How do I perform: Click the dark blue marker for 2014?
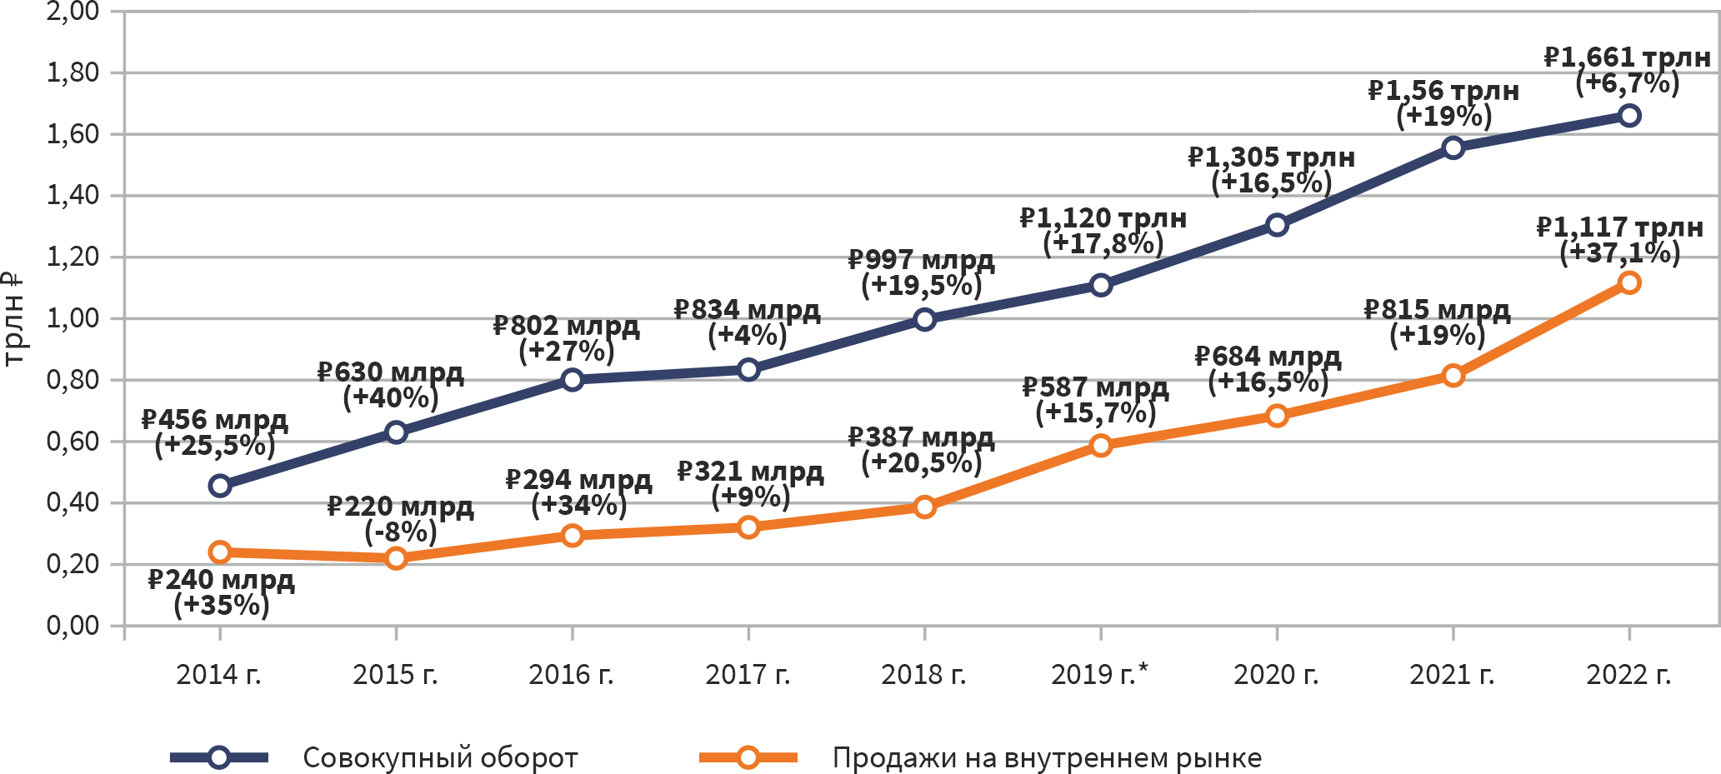point(220,486)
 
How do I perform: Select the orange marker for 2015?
point(397,558)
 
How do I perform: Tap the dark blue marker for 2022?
point(1629,116)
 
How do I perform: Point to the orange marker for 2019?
point(1101,446)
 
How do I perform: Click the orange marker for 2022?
point(1629,283)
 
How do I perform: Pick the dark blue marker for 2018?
point(924,320)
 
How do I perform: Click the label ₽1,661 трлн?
point(1627,57)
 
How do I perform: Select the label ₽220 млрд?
point(400,507)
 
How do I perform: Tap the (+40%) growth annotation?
point(391,397)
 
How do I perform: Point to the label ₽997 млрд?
point(921,260)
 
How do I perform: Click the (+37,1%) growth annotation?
point(1619,252)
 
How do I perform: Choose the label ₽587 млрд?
point(1095,387)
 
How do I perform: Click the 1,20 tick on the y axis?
point(73,257)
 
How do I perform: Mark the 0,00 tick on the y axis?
point(73,626)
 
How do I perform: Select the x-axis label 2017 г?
point(748,674)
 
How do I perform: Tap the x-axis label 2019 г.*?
point(1099,674)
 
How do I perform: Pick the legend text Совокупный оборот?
point(440,758)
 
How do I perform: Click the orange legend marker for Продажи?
point(748,757)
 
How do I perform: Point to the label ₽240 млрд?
point(221,580)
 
